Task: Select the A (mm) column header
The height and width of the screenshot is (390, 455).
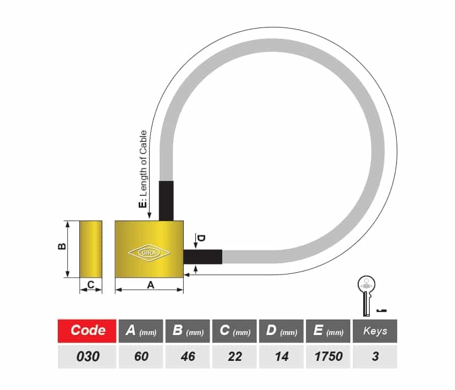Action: [x=141, y=331]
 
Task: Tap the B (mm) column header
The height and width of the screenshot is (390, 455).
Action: [x=188, y=331]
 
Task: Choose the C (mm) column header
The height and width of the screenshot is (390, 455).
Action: [x=234, y=331]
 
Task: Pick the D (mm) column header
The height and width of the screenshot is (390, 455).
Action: [x=281, y=331]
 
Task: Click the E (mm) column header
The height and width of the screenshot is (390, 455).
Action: [x=328, y=331]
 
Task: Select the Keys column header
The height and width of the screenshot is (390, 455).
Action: [x=375, y=331]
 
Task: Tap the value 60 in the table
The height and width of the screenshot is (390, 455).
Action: [x=141, y=356]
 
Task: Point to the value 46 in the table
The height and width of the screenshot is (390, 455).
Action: [x=188, y=356]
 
